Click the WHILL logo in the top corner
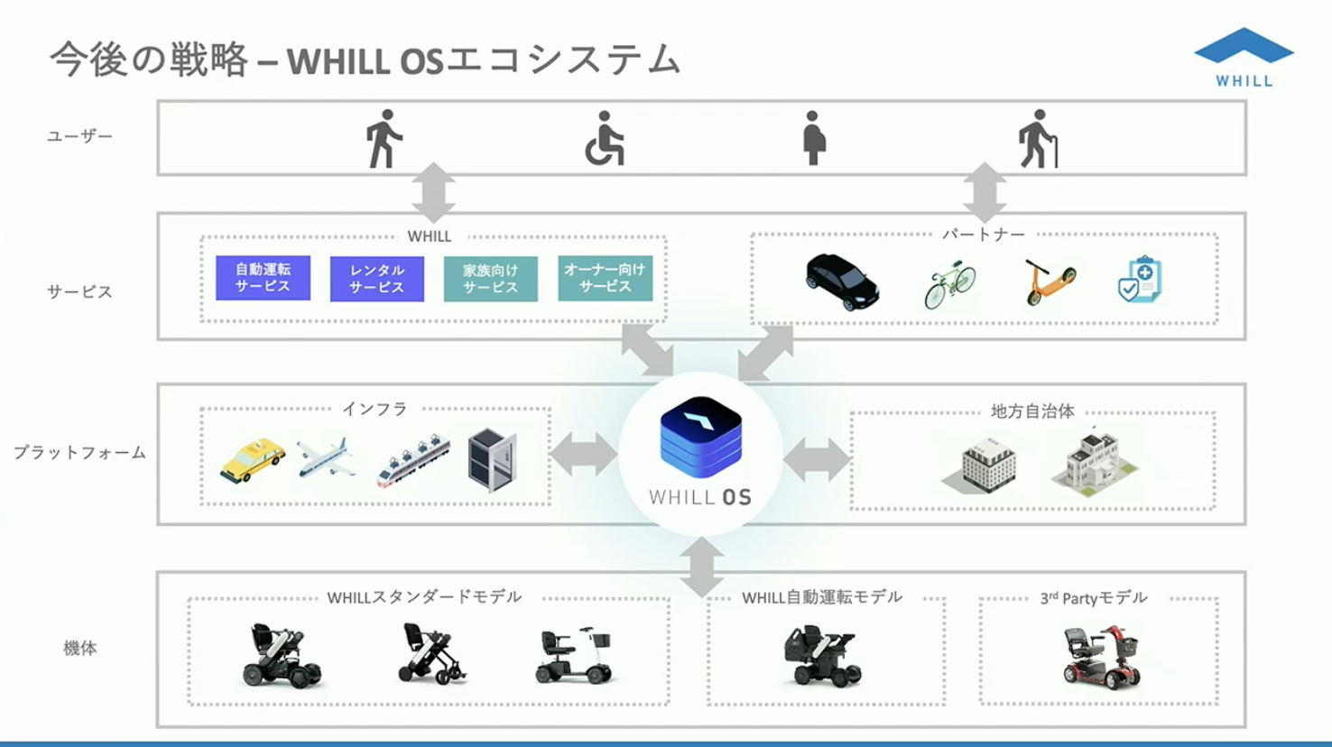1244,56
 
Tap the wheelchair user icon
604,140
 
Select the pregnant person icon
813,138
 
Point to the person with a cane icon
1037,139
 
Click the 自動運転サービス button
263,278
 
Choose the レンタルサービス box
376,279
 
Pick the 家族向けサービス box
490,279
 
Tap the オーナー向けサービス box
605,278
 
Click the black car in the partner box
841,281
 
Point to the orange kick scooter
1050,282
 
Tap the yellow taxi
253,460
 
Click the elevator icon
492,460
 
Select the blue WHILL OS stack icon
700,438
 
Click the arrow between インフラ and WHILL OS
584,455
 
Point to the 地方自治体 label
1032,411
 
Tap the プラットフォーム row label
79,453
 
